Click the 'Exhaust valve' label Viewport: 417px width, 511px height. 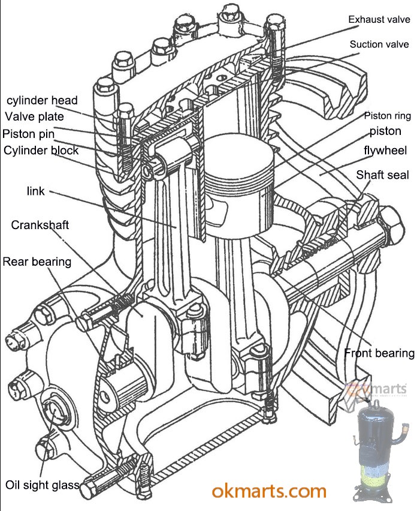point(379,20)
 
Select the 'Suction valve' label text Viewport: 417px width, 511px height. point(379,44)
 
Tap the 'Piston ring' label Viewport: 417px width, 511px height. point(386,116)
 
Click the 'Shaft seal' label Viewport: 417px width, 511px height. point(382,175)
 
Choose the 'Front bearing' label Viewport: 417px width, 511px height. point(379,353)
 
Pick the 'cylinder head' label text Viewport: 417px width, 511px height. point(42,100)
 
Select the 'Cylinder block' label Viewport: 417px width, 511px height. point(41,150)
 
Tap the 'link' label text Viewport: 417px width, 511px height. point(36,191)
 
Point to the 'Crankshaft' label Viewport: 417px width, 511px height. point(40,225)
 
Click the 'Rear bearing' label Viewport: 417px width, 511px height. point(37,261)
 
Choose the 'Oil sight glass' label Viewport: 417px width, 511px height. point(43,485)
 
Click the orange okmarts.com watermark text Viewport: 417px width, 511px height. point(269,491)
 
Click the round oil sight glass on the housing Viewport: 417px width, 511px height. point(55,414)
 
